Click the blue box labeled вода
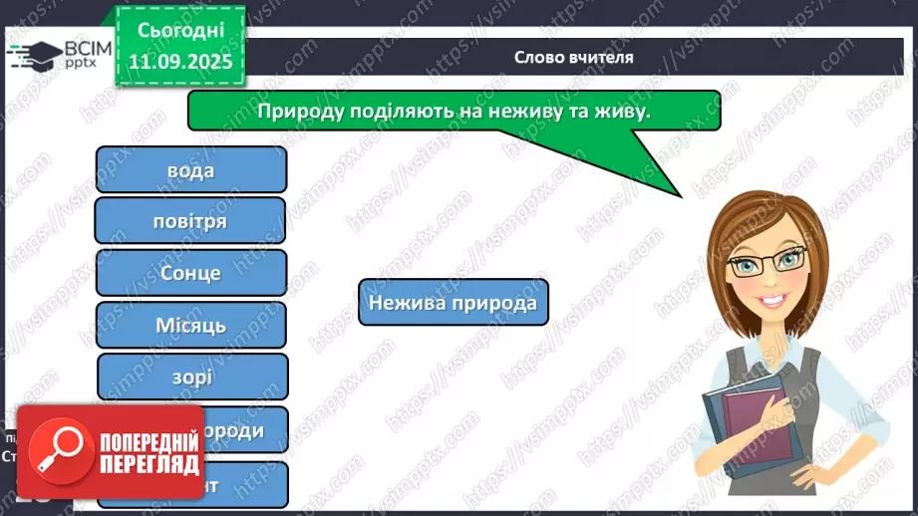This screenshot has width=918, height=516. [x=190, y=169]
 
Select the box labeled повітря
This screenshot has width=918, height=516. [x=190, y=220]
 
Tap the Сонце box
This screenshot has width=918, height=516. [x=190, y=272]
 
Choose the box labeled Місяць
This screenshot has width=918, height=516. [x=190, y=325]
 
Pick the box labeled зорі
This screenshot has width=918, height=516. [x=191, y=377]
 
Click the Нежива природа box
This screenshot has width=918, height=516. [x=453, y=302]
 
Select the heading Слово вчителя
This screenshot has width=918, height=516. [x=573, y=58]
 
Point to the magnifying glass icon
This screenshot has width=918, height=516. [x=54, y=447]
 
